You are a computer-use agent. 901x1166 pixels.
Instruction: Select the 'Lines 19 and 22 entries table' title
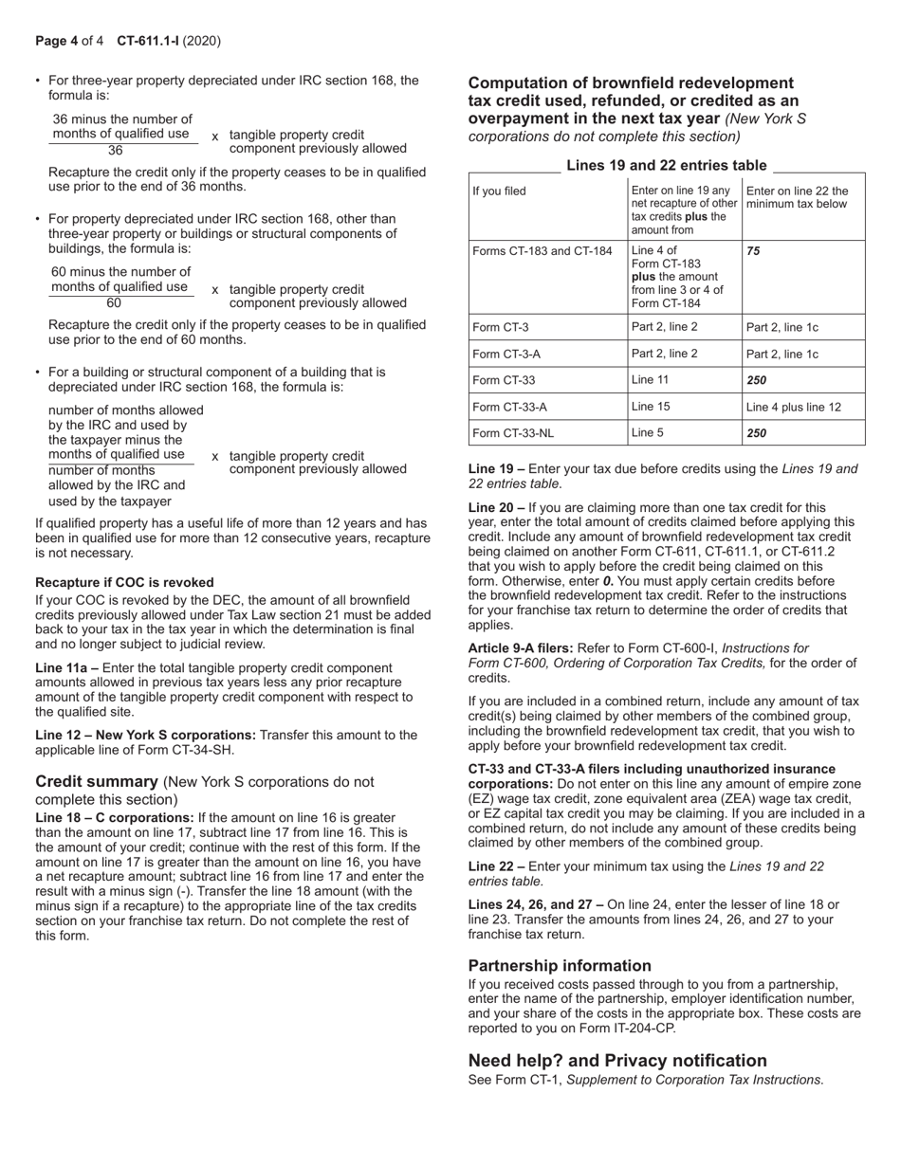[666, 165]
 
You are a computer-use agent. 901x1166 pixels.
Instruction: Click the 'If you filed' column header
[499, 191]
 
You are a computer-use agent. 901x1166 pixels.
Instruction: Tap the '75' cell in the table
[754, 251]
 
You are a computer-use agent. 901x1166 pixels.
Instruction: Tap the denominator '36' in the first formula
[116, 150]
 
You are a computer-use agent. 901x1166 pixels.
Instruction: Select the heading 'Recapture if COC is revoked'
[124, 582]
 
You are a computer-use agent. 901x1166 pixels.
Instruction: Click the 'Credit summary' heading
[96, 782]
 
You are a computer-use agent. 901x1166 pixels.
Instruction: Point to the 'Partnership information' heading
[560, 966]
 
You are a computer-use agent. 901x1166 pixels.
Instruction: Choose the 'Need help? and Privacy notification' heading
[617, 1061]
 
